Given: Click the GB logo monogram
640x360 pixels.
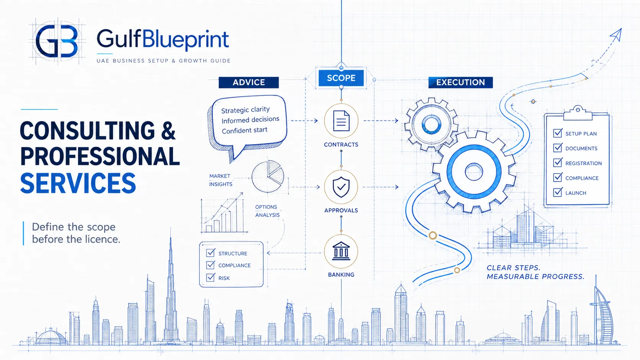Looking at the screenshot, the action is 57,41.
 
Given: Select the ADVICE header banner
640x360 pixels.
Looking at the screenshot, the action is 248,82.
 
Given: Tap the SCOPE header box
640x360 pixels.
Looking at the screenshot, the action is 341,78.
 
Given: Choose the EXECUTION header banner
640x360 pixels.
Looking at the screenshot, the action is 460,82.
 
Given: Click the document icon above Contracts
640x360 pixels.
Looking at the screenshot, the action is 341,121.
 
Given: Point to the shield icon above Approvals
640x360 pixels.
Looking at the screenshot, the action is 341,187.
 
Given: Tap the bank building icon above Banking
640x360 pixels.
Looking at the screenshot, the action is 341,251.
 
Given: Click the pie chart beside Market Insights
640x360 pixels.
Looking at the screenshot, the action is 268,176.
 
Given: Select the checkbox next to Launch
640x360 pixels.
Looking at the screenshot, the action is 557,192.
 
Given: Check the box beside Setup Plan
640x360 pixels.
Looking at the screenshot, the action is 557,133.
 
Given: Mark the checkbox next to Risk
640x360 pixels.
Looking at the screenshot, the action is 211,277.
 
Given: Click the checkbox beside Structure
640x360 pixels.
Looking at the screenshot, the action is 211,252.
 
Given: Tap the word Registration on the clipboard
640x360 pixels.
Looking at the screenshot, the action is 583,163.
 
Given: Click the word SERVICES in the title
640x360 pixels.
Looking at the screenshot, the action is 78,183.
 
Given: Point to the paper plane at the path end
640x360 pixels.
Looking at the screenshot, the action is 616,35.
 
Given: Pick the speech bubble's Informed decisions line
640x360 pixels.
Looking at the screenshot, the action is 250,120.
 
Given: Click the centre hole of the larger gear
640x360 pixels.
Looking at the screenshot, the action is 474,172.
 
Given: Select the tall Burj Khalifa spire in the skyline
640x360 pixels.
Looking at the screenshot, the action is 171,285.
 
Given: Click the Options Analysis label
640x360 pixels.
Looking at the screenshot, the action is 268,211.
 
